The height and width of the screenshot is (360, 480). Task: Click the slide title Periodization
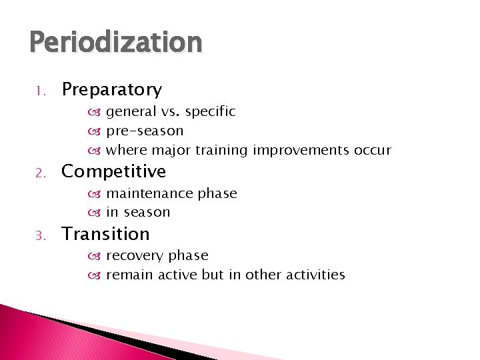(x=115, y=43)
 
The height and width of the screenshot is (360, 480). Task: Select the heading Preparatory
(x=111, y=89)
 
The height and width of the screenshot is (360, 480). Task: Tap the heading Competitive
(x=113, y=172)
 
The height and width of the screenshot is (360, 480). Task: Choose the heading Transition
(x=105, y=234)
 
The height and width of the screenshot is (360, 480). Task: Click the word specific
(x=210, y=112)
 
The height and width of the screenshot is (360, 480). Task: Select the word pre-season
(x=145, y=131)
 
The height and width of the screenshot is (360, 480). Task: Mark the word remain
(x=129, y=274)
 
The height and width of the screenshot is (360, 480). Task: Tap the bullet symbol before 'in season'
(x=98, y=213)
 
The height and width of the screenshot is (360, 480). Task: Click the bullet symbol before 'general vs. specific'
(x=98, y=112)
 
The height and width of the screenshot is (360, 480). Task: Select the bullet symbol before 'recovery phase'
(x=98, y=256)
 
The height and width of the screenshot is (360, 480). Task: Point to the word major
(x=167, y=150)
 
